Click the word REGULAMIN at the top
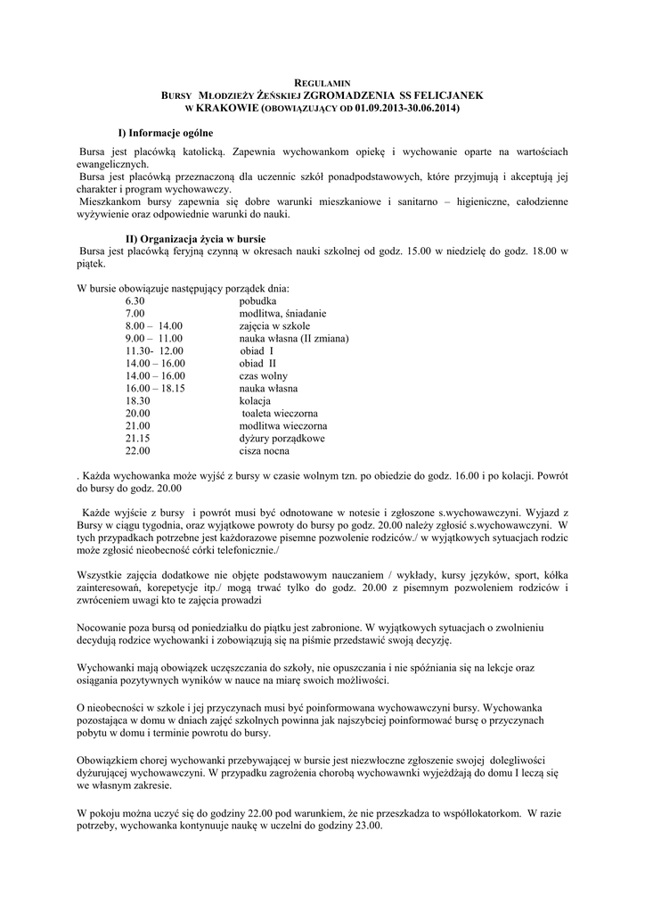click(322, 82)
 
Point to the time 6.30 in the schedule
click(135, 301)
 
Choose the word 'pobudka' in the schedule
click(257, 301)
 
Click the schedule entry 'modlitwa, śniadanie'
click(282, 314)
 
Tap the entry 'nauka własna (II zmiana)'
click(293, 339)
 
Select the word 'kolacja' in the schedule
click(255, 401)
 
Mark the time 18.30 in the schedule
click(137, 401)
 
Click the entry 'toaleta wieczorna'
click(280, 414)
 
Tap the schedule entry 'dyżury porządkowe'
click(282, 439)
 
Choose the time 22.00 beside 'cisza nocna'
click(137, 451)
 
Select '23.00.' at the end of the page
click(364, 826)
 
